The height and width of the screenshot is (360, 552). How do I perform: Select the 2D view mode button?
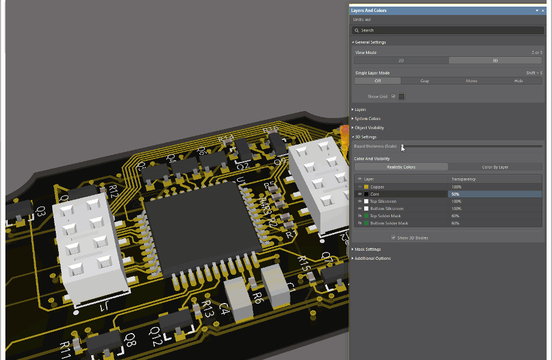(401, 61)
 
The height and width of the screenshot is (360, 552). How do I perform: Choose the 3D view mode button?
(495, 61)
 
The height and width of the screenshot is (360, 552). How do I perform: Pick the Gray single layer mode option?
(424, 80)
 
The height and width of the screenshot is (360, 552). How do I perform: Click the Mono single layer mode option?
(472, 80)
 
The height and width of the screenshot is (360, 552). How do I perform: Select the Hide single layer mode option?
(518, 80)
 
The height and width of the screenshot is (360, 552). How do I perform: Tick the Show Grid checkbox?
(394, 97)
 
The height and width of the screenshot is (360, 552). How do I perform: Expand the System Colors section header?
(367, 119)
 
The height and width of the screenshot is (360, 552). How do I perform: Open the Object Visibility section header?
(369, 128)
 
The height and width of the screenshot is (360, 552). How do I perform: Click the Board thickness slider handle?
(403, 146)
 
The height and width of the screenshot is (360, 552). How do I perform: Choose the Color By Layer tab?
(495, 167)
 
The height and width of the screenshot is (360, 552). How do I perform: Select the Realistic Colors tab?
(401, 167)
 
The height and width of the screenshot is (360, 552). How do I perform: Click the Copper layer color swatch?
(366, 187)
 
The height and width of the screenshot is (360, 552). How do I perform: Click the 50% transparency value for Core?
(456, 194)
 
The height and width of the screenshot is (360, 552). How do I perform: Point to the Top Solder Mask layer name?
(385, 216)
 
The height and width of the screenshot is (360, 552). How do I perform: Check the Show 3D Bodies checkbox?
(394, 238)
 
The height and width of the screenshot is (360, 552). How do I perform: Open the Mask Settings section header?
(368, 250)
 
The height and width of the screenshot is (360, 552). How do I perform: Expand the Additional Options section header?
(373, 259)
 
